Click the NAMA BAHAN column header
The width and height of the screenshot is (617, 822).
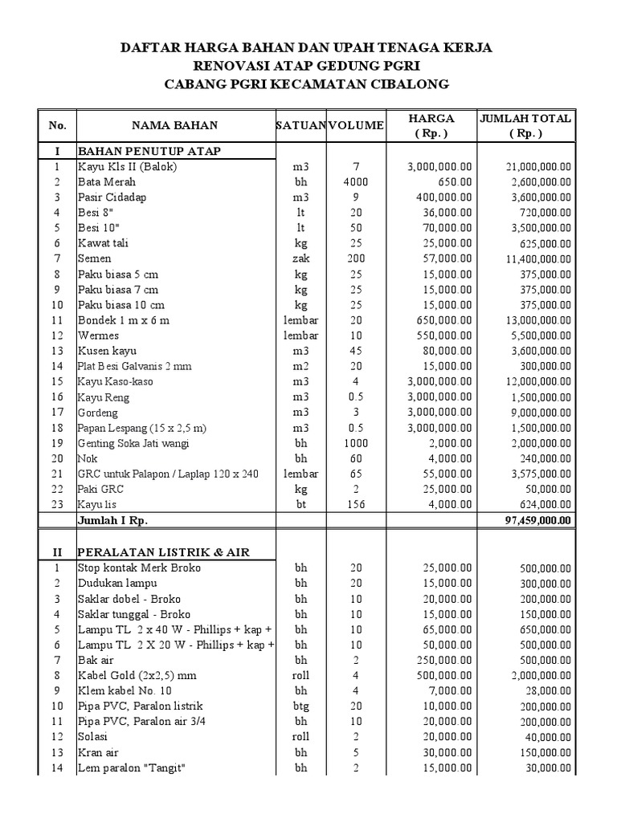coord(175,125)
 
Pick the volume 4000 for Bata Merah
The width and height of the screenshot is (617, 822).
coord(356,181)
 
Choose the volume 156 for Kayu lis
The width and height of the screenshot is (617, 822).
coord(356,504)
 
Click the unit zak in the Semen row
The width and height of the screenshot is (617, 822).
coord(301,258)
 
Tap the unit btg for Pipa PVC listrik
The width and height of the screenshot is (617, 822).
coord(301,706)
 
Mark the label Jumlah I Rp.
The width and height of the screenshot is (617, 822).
coord(112,519)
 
